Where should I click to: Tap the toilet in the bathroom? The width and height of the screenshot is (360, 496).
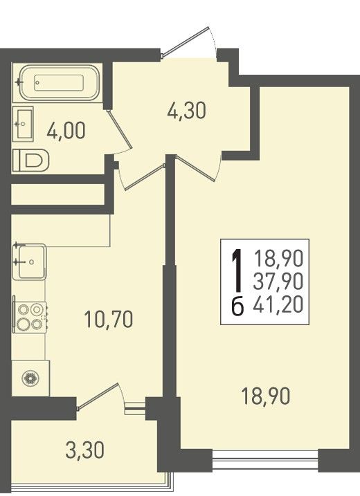click(30, 160)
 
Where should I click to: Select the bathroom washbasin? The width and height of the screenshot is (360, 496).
click(23, 123)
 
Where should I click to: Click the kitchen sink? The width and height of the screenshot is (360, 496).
click(30, 261)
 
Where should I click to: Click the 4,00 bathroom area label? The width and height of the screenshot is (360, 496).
click(66, 131)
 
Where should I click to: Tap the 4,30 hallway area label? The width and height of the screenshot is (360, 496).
click(186, 111)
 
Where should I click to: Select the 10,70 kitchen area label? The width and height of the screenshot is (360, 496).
click(108, 319)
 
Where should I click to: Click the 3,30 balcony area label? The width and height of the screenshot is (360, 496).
click(84, 450)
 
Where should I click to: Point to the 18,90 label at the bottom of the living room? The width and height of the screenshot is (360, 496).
click(265, 396)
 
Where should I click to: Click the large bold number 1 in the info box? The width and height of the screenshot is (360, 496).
click(237, 270)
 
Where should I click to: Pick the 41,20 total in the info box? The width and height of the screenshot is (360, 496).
click(278, 304)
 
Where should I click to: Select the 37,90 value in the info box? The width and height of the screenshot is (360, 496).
click(278, 282)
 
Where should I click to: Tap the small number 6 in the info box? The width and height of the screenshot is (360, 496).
click(237, 306)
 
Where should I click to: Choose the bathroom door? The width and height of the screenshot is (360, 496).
click(120, 131)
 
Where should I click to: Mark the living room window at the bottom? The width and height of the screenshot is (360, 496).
click(265, 460)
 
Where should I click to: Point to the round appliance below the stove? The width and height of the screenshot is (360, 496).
click(30, 378)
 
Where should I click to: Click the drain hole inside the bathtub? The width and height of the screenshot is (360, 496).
click(37, 82)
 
